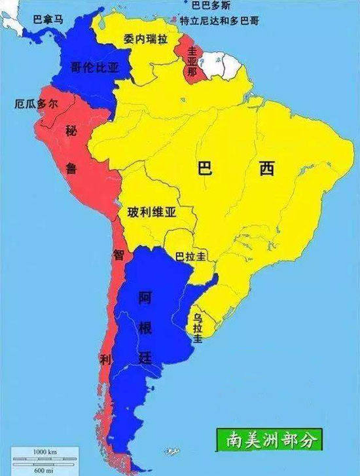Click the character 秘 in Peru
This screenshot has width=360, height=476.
(x=71, y=131)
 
